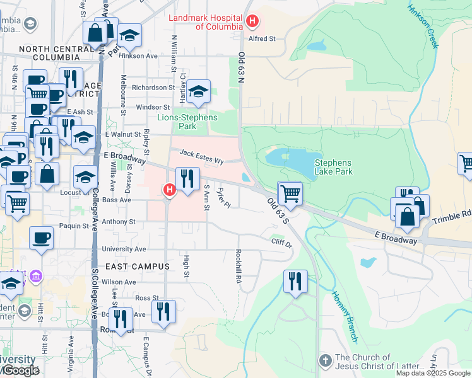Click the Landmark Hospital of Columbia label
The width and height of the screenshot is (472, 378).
coord(205,22)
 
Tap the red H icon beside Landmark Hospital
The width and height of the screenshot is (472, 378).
coord(252,22)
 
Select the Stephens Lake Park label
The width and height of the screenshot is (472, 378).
coord(333,166)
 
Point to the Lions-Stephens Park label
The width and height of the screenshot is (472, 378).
coord(187,122)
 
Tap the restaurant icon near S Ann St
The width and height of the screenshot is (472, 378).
coord(187,179)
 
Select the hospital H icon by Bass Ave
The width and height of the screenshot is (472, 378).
coord(168,189)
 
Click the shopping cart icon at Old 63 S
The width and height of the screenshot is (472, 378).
coord(290,192)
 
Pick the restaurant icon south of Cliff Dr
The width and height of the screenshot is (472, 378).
coord(295,281)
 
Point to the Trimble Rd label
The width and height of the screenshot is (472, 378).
coord(452,217)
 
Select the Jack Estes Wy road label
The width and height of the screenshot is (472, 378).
coord(201,156)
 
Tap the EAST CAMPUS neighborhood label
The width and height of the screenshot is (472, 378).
coord(138,266)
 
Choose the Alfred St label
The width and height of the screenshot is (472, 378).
coord(262,38)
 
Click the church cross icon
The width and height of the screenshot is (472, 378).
coord(325,361)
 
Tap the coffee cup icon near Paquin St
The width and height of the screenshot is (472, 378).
coord(41,238)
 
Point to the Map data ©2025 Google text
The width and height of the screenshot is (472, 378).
coord(433,373)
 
